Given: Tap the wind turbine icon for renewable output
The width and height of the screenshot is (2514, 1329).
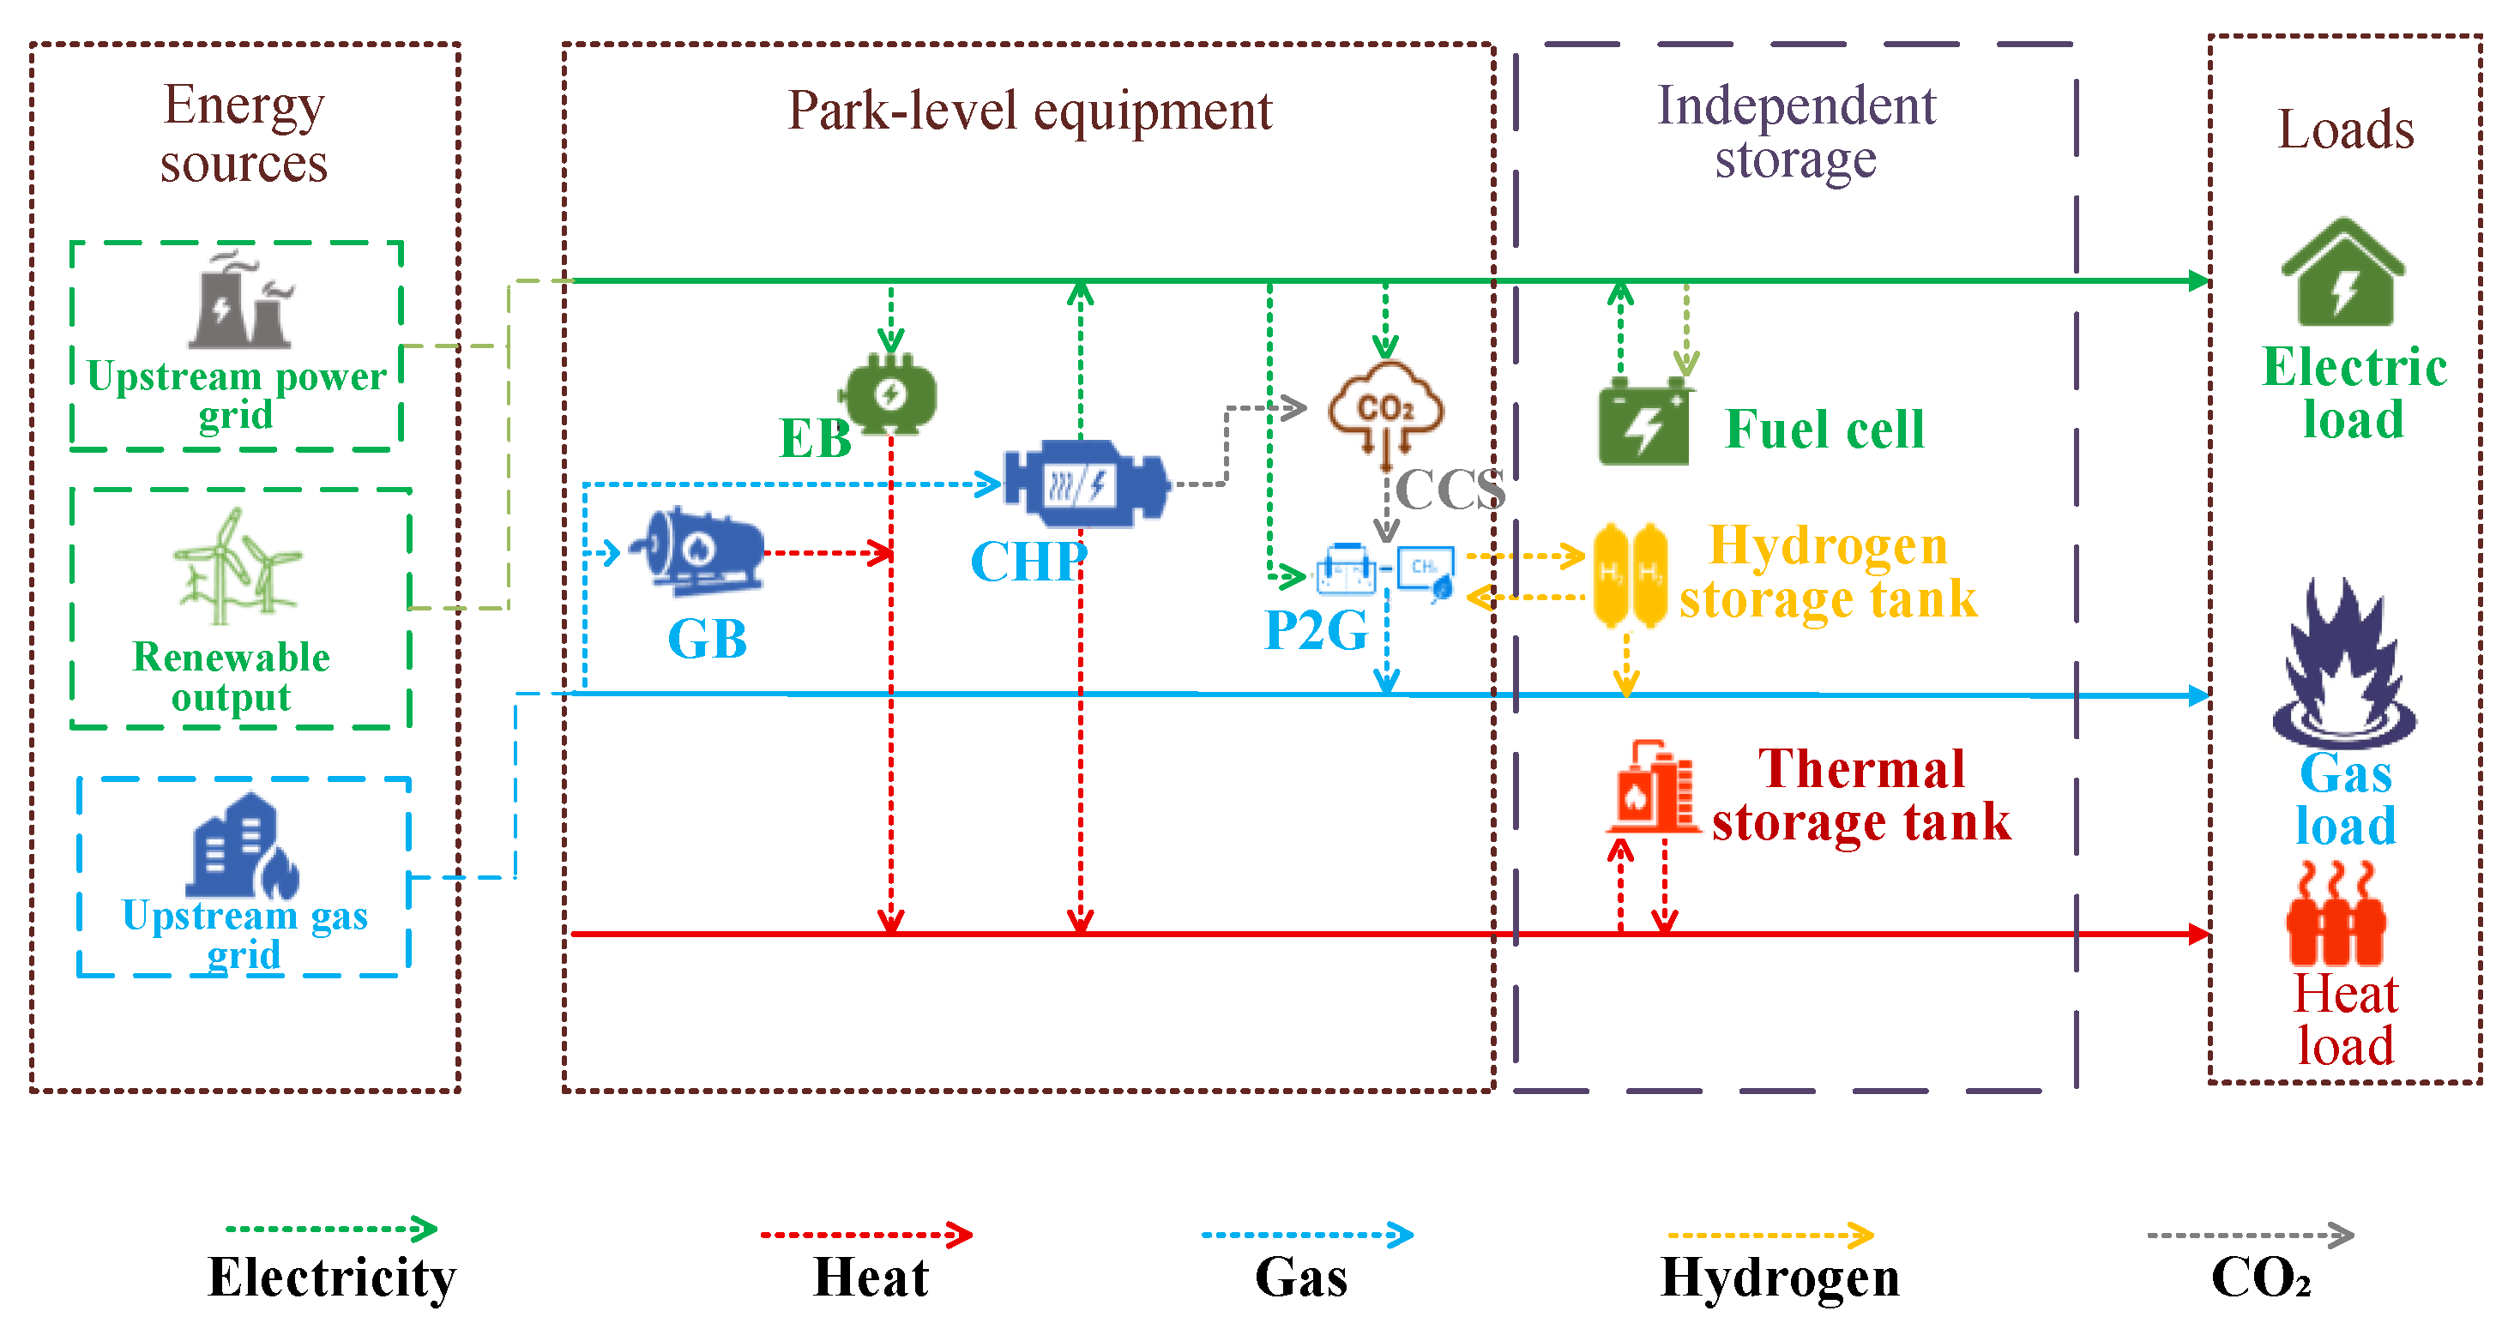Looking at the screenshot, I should [x=237, y=568].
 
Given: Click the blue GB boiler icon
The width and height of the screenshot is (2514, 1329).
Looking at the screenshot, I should [x=699, y=551].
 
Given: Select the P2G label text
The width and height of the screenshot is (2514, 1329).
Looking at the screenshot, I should [x=1316, y=630].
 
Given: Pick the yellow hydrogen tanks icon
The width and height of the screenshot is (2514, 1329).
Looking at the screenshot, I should [x=1630, y=575].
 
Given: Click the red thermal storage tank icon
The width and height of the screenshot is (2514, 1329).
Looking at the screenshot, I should [x=1652, y=789].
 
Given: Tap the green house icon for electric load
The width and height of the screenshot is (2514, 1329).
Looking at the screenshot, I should [x=2344, y=274].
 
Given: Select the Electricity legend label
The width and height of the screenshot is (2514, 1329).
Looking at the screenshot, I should [x=332, y=1277].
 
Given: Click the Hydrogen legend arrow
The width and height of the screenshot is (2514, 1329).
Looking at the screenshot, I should [x=1770, y=1236].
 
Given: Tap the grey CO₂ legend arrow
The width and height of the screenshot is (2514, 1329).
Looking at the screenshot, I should [x=2250, y=1236].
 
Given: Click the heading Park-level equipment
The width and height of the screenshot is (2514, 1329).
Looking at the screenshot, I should [x=1029, y=111].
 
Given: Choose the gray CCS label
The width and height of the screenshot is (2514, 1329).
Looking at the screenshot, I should [x=1450, y=489].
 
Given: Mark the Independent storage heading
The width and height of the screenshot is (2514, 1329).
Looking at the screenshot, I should [x=1796, y=132].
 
